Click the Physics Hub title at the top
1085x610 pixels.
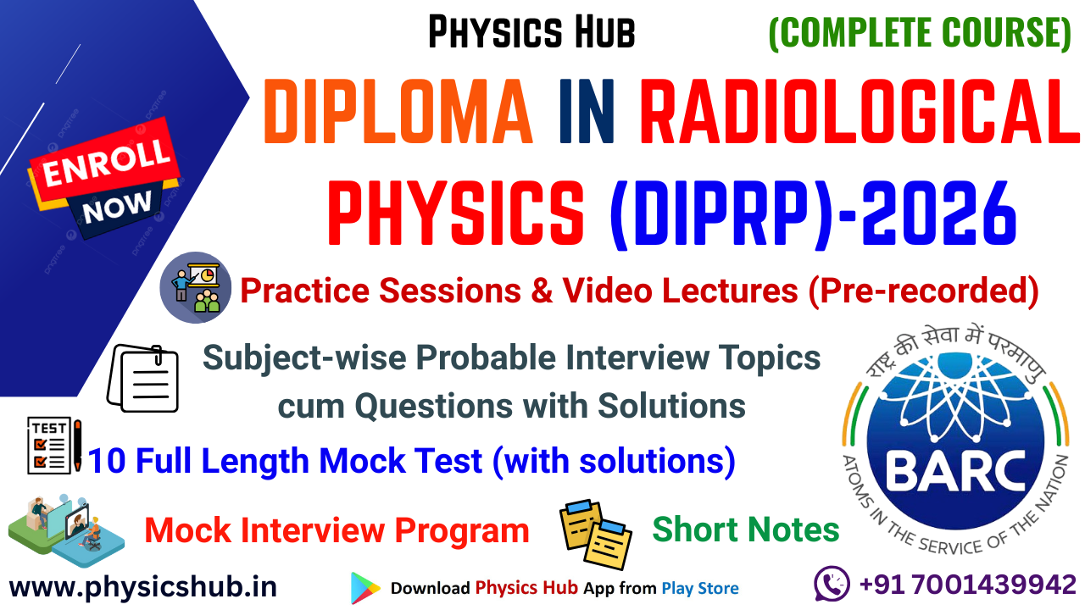coord(531,32)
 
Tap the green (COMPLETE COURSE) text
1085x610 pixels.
coord(919,32)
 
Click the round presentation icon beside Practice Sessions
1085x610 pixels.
coord(196,287)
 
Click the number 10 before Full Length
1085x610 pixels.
coord(107,462)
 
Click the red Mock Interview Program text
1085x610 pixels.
coord(337,531)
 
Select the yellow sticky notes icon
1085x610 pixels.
coord(595,533)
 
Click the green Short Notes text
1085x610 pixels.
coord(746,530)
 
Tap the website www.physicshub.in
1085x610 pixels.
coord(143,585)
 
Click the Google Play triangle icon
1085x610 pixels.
coord(365,587)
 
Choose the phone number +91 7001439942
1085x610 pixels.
coord(967,585)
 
